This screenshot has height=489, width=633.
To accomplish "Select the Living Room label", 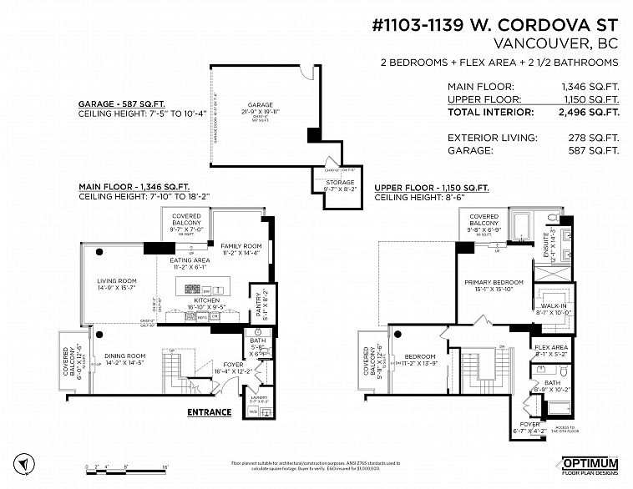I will click(x=119, y=283).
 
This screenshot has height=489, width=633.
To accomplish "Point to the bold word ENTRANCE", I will click(x=209, y=411).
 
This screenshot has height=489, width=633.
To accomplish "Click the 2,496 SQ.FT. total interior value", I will click(x=590, y=111).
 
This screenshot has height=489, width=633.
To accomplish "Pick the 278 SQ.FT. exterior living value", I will click(x=594, y=137).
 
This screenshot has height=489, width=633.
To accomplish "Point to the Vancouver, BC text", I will click(x=556, y=43).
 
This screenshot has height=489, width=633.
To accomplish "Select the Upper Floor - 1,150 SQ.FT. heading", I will click(x=432, y=188).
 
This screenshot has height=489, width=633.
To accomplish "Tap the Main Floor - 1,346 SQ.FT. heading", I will click(x=134, y=186).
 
